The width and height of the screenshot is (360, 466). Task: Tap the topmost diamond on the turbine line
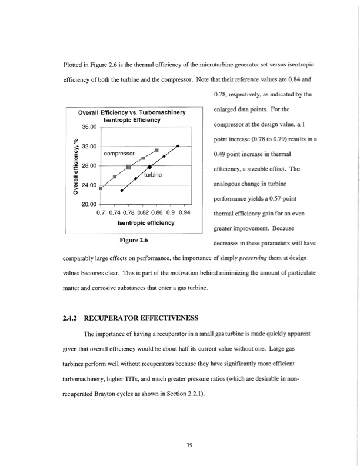[x=178, y=145]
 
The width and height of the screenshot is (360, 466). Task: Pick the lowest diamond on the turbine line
[x=122, y=190]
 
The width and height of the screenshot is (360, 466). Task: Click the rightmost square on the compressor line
[x=157, y=151]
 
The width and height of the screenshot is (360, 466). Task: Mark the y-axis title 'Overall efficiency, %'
[x=76, y=165]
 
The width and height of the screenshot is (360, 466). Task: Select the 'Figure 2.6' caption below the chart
[x=133, y=241]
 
